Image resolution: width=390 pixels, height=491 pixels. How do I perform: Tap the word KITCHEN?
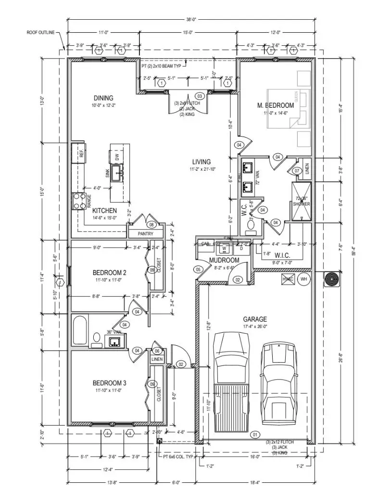(104, 211)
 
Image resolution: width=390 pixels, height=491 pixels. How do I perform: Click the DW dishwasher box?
(117, 156)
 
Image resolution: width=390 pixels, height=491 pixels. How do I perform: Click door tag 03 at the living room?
(201, 96)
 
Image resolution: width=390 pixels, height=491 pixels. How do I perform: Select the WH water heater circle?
(303, 279)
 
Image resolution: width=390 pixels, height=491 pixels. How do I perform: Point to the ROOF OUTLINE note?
(42, 33)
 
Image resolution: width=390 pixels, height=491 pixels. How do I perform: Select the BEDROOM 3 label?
(109, 383)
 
